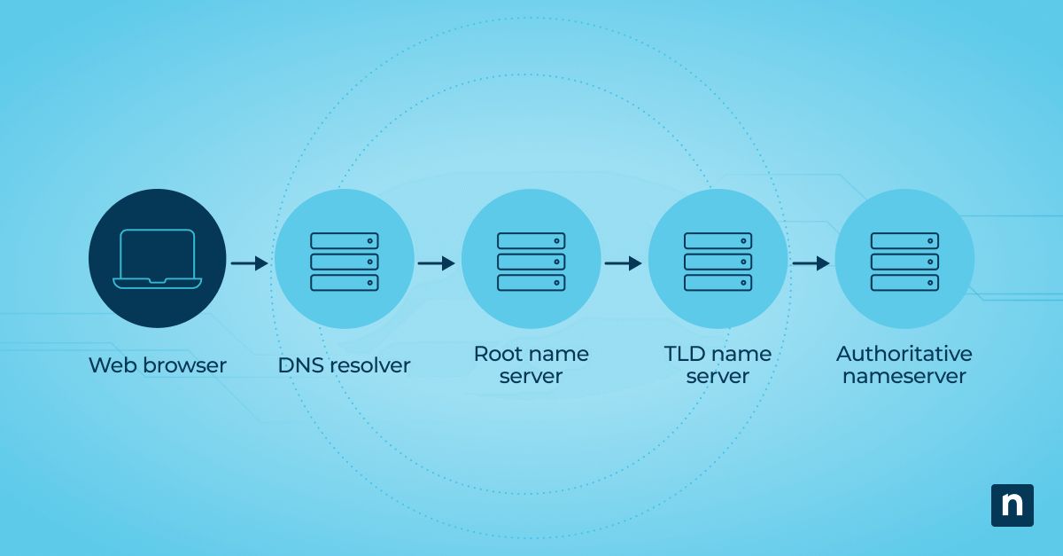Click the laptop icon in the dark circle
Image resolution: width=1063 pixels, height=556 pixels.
(158, 258)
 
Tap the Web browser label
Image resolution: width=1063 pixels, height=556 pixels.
(158, 364)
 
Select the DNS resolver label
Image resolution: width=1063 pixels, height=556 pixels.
(344, 364)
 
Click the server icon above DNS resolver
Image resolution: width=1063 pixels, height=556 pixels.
(344, 262)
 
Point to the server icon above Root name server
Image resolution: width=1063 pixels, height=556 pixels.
(531, 262)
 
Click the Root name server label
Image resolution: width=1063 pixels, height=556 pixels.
(531, 364)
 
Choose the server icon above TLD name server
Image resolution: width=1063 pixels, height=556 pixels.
(718, 262)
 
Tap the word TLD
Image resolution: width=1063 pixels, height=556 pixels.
(685, 354)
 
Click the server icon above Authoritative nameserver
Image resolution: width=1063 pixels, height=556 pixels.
(904, 262)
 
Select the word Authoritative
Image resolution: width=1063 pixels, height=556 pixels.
(904, 354)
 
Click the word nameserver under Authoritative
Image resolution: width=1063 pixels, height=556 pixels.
(904, 376)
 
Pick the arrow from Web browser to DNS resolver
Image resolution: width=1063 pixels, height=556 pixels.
(249, 263)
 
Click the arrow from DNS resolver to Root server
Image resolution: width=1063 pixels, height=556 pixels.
(436, 263)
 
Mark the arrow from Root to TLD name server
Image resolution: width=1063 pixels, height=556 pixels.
(623, 263)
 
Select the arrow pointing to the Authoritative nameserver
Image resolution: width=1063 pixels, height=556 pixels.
(811, 263)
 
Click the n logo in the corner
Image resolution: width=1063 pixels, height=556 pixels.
(1012, 505)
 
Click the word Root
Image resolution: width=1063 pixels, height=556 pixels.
(498, 354)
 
